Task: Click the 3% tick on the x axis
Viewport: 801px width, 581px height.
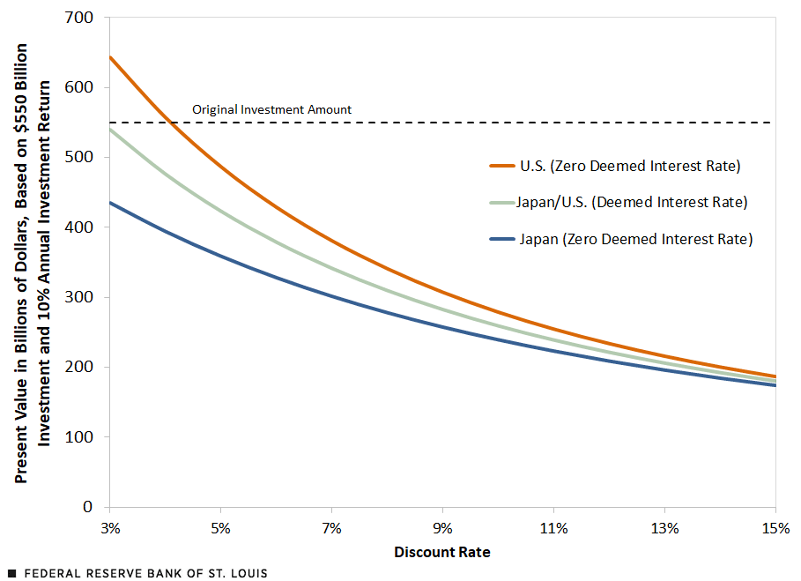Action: coord(109,529)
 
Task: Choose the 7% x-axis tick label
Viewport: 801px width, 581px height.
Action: coord(331,529)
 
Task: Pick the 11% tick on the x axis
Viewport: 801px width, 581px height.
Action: coord(553,529)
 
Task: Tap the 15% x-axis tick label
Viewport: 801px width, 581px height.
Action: coord(775,529)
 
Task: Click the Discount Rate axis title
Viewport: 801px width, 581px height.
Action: coord(441,553)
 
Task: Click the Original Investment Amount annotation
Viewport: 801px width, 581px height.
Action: coord(271,110)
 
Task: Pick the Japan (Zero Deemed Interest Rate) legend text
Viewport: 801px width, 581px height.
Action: coord(636,239)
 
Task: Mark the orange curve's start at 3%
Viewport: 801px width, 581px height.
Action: coord(109,57)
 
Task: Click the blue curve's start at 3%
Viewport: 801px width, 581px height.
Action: coord(109,203)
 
